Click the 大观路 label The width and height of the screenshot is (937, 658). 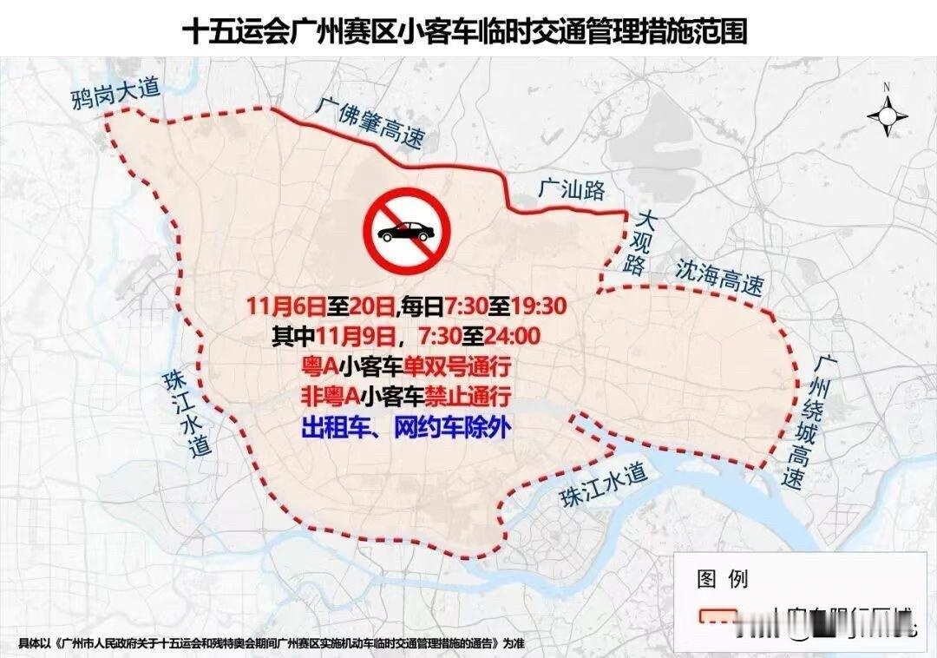(x=643, y=242)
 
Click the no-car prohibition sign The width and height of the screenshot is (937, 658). (x=403, y=232)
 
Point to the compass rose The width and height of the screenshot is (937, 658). (x=887, y=115)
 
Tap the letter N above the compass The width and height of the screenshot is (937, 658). (x=887, y=87)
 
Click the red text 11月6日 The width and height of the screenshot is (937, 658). (x=285, y=307)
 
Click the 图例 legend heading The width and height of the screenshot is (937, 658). (x=722, y=579)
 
